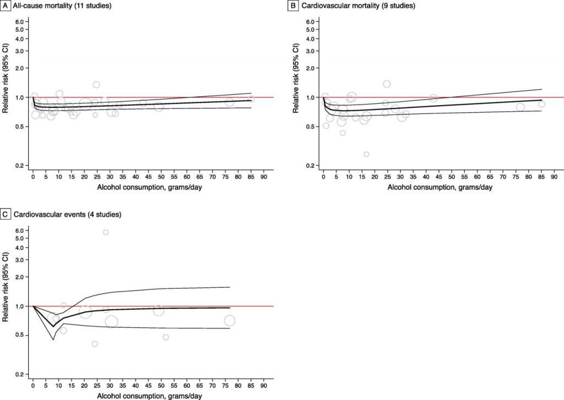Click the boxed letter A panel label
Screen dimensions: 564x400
tap(6, 6)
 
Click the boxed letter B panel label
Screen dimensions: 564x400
tap(293, 6)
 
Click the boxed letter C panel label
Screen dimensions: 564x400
tap(6, 215)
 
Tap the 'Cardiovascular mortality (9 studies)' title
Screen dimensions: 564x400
tap(358, 6)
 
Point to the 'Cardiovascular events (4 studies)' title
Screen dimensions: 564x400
tap(68, 215)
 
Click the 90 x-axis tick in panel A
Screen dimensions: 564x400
tap(264, 177)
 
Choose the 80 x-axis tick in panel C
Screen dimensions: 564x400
tap(238, 386)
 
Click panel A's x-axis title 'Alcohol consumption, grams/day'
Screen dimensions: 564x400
tap(149, 187)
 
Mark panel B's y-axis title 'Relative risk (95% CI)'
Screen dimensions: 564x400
tap(296, 78)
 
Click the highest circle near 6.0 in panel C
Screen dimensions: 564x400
tap(106, 232)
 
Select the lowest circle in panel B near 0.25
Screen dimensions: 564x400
tap(366, 154)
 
